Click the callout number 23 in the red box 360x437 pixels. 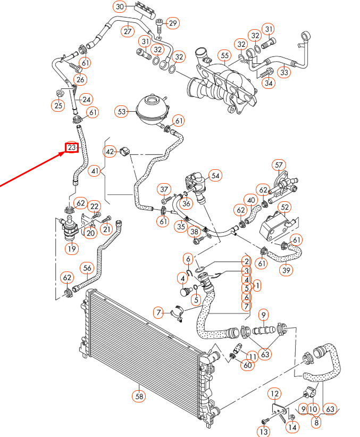(x=72, y=147)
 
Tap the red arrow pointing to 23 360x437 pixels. (x=32, y=169)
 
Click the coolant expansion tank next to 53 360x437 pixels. (x=152, y=110)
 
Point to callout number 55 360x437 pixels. (x=224, y=55)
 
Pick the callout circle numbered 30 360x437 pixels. (x=120, y=7)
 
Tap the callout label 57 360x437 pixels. (x=279, y=164)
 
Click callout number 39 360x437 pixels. (x=287, y=270)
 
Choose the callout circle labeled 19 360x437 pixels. (x=71, y=248)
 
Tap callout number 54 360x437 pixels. (x=215, y=175)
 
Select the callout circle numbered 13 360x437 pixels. (x=264, y=431)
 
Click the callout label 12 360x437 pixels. (x=274, y=394)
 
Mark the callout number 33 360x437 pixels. (x=285, y=72)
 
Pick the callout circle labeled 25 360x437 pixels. (x=57, y=105)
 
